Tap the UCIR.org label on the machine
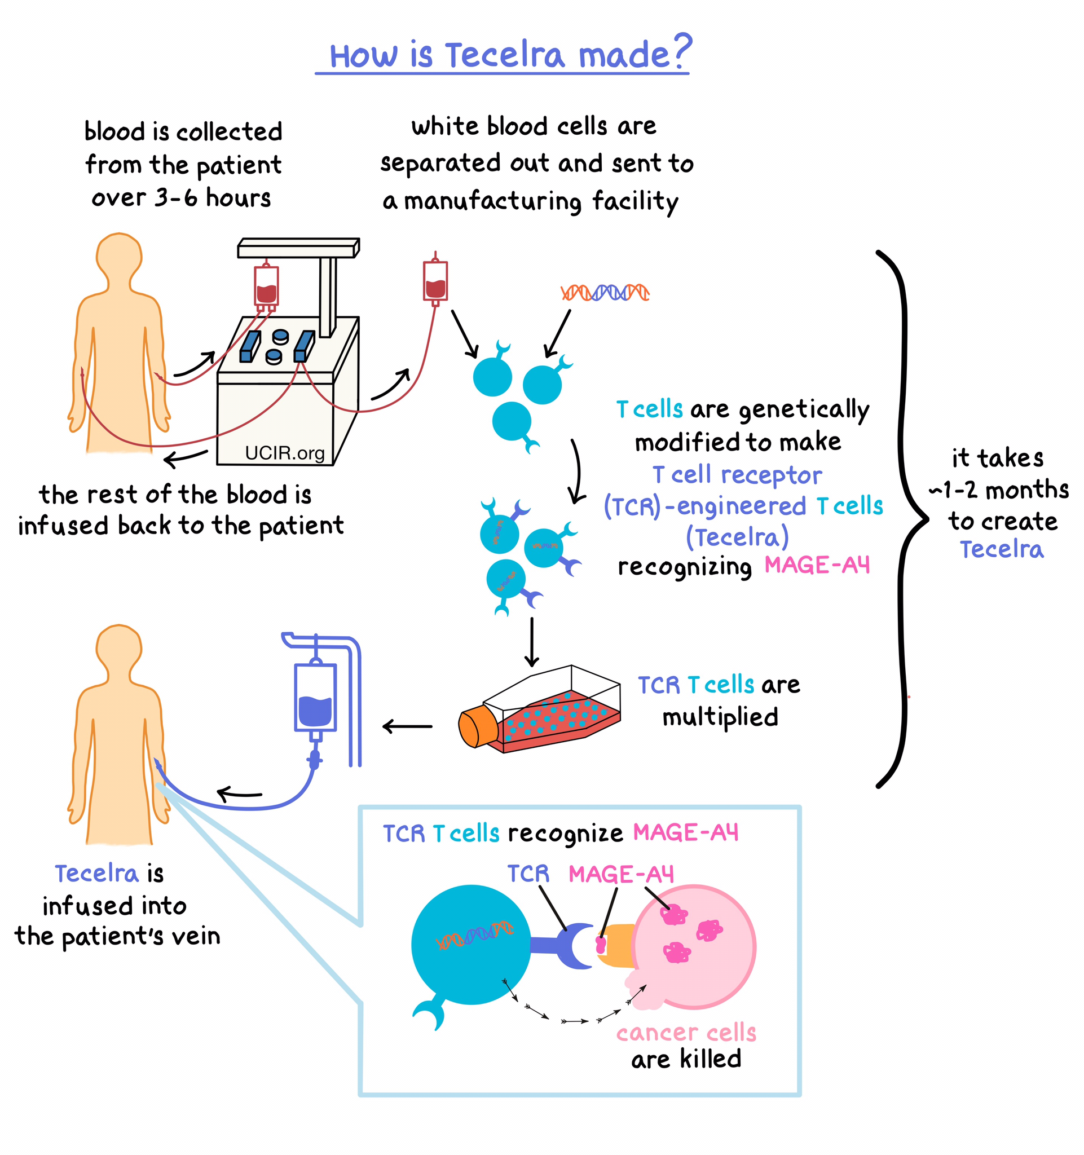point(285,453)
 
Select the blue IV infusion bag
point(315,697)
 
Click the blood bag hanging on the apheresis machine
point(266,286)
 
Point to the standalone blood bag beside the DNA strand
point(435,281)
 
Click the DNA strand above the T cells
point(604,292)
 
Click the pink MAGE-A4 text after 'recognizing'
point(817,565)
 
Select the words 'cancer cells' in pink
point(685,1033)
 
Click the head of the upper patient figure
point(119,255)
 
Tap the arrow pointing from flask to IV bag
point(407,726)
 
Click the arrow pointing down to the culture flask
point(531,642)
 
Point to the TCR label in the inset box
point(527,874)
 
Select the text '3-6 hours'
point(213,198)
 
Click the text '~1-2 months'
point(998,490)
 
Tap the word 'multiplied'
point(720,717)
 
